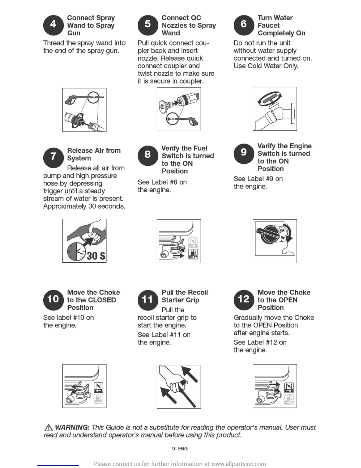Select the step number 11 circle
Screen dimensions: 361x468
coord(148,300)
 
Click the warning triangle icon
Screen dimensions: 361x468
coord(48,428)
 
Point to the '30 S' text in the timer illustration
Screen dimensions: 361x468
coord(96,256)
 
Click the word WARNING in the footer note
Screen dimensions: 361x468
coord(72,427)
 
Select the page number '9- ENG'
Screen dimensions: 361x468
coord(180,448)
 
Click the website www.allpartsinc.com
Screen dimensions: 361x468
coord(238,464)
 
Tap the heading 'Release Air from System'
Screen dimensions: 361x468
coord(94,154)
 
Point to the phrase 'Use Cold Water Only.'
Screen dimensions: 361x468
coord(266,66)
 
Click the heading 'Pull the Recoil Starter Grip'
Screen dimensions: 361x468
coord(185,296)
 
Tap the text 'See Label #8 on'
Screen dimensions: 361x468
coord(162,182)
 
